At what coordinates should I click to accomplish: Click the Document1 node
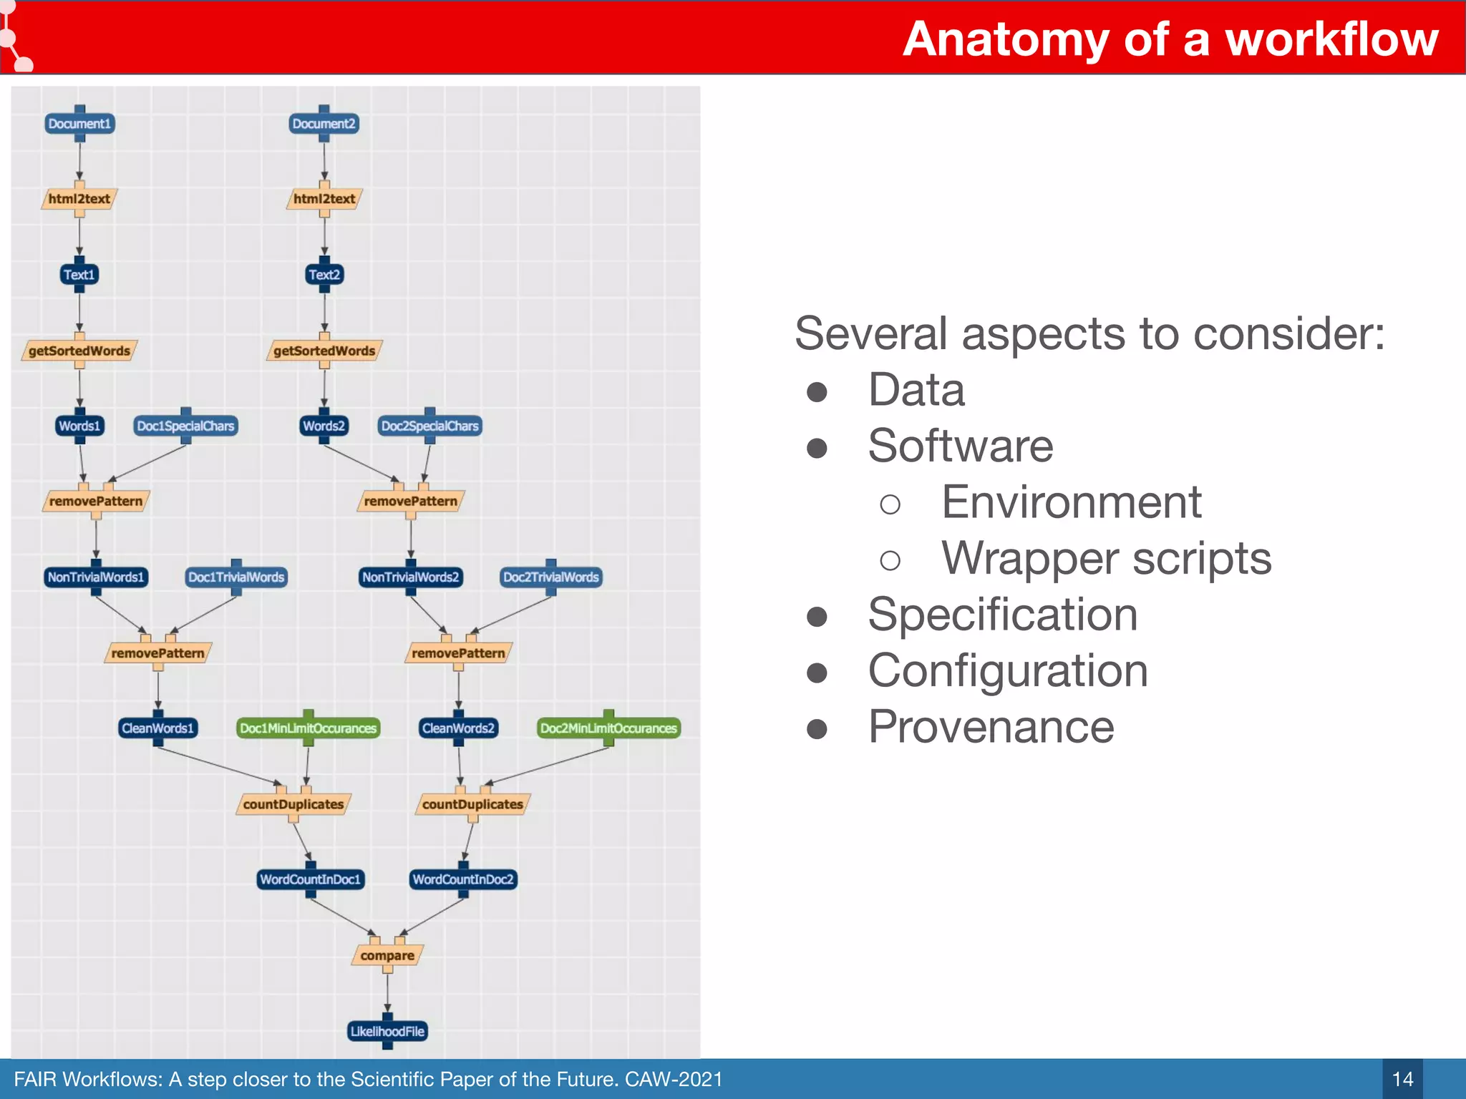click(x=79, y=124)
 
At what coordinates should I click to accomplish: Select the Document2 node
click(x=324, y=124)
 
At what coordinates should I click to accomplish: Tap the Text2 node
click(x=324, y=275)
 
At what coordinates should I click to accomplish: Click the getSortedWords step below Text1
click(x=79, y=351)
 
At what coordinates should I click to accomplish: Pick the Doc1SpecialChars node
click(x=185, y=426)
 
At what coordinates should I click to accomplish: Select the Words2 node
click(x=324, y=426)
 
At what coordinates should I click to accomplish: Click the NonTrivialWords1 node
click(x=96, y=577)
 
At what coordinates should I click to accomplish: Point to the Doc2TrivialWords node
click(x=550, y=577)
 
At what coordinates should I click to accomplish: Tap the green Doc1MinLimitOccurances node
click(x=308, y=728)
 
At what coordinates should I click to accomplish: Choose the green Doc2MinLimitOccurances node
click(x=608, y=728)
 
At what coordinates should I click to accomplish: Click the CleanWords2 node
click(x=458, y=728)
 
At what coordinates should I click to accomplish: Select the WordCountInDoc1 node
click(x=311, y=879)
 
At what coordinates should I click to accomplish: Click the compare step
click(x=387, y=956)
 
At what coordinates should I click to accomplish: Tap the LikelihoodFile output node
click(x=387, y=1031)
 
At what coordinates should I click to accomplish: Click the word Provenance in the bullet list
click(x=991, y=727)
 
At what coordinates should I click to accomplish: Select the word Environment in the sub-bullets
click(x=1071, y=502)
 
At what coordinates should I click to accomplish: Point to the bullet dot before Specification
click(x=817, y=616)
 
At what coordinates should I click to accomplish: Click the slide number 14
click(x=1402, y=1079)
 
